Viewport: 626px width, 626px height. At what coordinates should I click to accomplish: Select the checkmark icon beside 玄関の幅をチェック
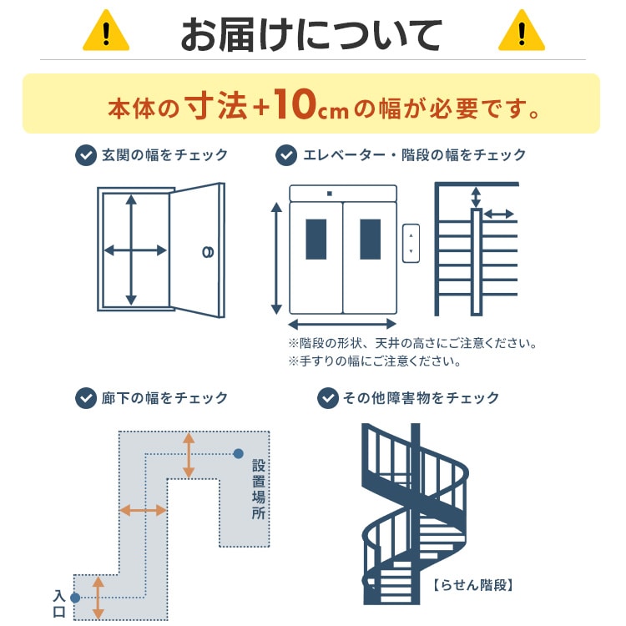pos(85,155)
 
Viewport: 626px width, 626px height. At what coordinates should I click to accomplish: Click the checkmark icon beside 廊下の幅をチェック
pos(85,398)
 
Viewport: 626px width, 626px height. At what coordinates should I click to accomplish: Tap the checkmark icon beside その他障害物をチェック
pos(328,398)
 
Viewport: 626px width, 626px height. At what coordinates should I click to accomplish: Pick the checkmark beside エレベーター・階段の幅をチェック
pos(287,155)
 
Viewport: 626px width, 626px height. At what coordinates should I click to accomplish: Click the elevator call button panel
pos(410,242)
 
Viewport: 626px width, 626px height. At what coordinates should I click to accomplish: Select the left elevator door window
pos(317,239)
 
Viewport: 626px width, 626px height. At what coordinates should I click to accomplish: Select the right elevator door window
pos(370,239)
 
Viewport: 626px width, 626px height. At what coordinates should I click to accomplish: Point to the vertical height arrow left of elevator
pos(276,259)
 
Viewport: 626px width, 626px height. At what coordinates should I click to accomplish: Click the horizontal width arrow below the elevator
pos(343,324)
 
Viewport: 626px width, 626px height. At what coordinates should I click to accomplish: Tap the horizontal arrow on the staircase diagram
pos(498,215)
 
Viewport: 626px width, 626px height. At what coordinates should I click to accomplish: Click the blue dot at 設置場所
pos(239,454)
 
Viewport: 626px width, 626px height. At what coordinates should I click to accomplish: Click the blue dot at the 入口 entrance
pos(75,598)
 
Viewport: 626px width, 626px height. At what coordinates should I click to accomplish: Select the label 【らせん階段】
pos(472,585)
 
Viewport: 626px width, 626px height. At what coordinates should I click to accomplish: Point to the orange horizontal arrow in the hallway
pos(143,510)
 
